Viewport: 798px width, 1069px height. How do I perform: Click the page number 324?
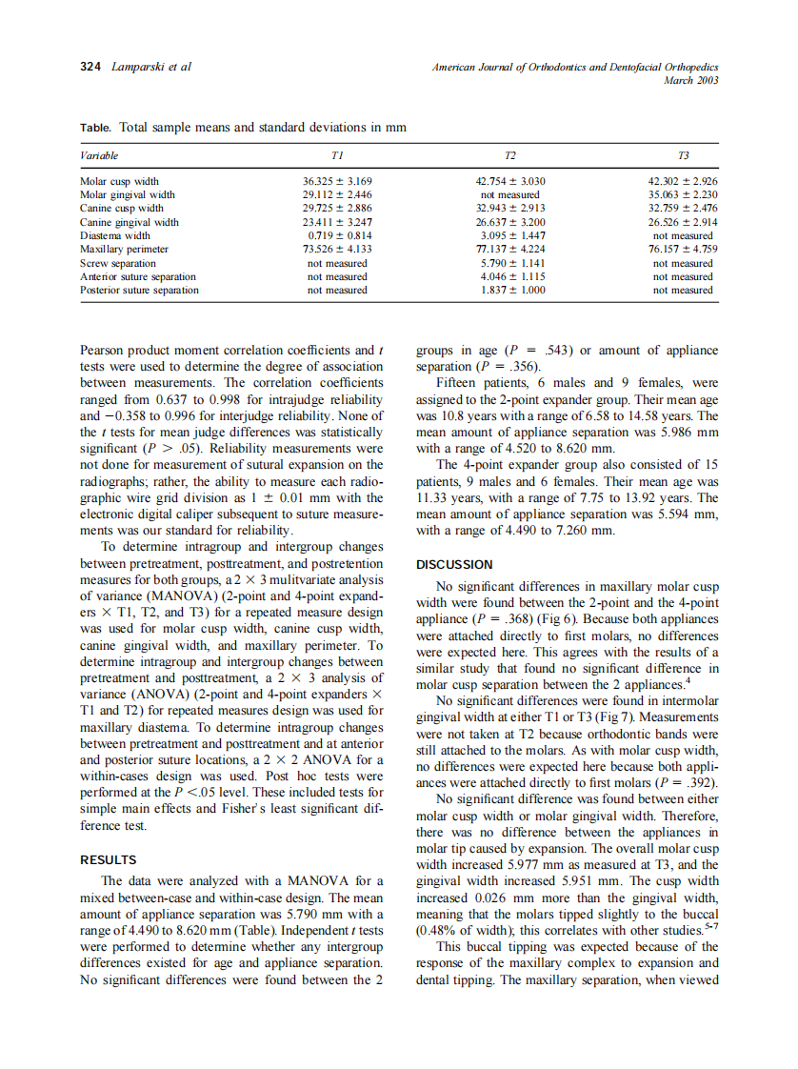pos(91,67)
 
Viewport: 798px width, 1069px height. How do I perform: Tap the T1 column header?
pos(337,155)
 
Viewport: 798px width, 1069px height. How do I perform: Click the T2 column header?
pos(510,155)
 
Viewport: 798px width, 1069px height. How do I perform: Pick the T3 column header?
pos(683,155)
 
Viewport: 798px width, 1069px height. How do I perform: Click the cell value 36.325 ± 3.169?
pos(337,181)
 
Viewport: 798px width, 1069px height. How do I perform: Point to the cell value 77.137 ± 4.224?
pos(510,249)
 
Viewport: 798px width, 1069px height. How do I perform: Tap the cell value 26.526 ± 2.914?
pos(683,222)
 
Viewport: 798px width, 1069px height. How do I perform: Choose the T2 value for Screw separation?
pos(510,263)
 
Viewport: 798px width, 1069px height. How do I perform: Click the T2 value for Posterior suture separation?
pos(510,290)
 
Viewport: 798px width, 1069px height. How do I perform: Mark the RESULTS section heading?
pos(109,859)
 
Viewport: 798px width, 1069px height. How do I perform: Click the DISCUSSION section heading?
pos(455,564)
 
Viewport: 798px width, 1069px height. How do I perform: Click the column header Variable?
pos(99,155)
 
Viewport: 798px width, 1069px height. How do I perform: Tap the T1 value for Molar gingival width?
pos(337,194)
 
